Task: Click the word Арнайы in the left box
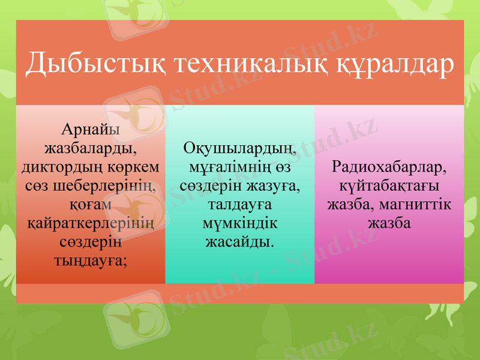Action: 90,129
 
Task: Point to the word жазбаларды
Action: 90,148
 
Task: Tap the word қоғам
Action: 90,205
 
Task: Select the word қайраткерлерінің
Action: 90,224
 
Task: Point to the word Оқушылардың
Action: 240,148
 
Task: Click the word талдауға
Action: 240,205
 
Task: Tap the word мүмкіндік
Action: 240,224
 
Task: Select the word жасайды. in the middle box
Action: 240,243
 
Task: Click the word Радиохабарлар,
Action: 389,166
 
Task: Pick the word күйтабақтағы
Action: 389,185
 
